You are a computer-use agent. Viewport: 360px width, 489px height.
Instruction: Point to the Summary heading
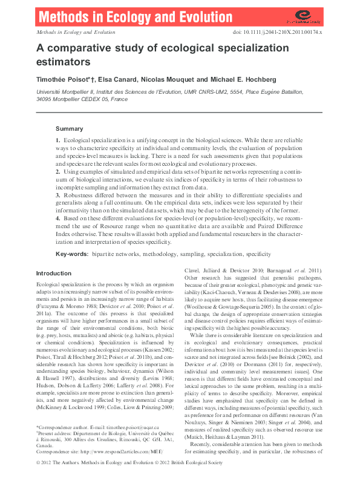pos(70,129)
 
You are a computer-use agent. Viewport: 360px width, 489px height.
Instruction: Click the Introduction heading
pos(54,273)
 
